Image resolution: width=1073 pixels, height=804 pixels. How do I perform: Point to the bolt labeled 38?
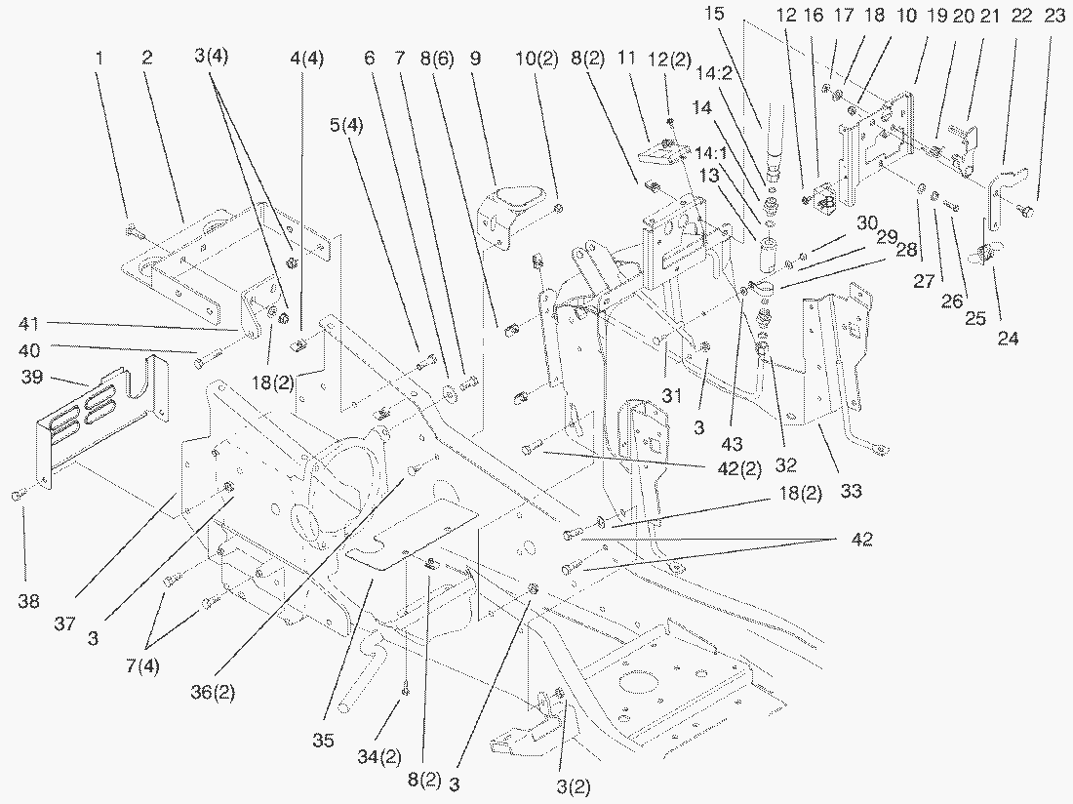point(20,498)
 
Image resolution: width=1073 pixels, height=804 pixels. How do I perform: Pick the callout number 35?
point(325,741)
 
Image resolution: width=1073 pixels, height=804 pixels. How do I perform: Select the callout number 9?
point(475,58)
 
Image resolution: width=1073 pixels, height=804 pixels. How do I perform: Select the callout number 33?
point(852,492)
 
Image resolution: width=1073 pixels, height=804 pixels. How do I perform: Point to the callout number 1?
point(99,58)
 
